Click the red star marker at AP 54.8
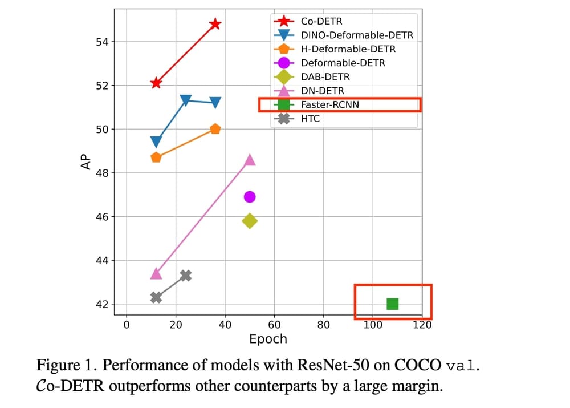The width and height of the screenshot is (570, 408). coord(215,24)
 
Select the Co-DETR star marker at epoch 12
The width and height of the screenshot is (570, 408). coord(156,83)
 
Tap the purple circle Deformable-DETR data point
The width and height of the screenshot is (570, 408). coord(250,197)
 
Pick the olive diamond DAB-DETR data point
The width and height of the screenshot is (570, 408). coord(250,221)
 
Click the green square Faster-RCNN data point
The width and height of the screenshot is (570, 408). coord(392,304)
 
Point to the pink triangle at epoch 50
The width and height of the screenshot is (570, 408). coord(250,160)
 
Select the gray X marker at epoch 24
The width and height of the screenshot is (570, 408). coord(185,276)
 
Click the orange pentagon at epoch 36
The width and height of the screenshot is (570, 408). coord(215,129)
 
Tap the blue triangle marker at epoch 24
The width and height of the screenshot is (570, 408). coord(185,100)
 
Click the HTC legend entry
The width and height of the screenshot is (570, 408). coord(310,119)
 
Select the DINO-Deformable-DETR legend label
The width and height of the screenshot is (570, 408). coord(357,35)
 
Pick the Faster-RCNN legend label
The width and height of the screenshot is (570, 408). coord(330,105)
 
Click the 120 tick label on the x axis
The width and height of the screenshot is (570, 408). coord(422,325)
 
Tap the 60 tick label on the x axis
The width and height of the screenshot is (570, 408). coord(274,325)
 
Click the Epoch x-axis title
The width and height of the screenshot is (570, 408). coord(268,340)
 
